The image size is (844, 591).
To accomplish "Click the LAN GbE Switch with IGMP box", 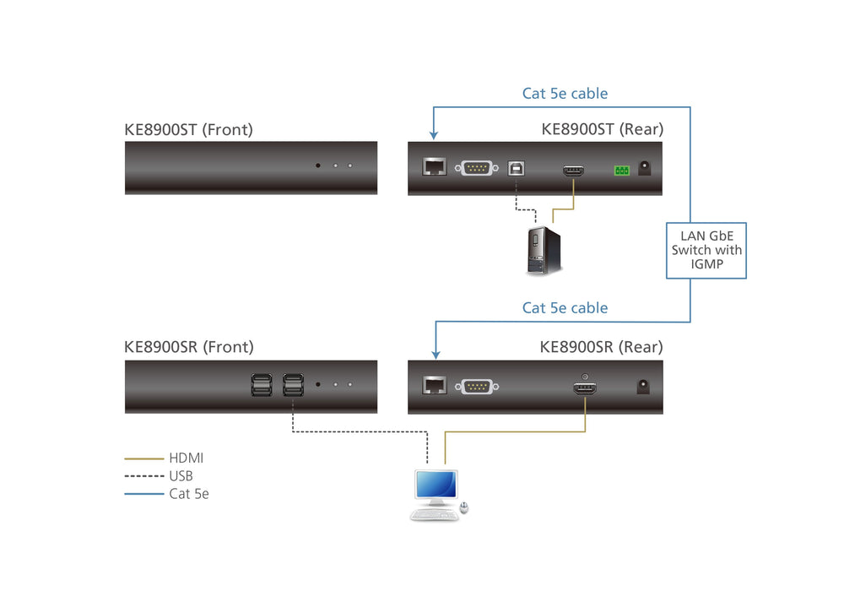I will (706, 250).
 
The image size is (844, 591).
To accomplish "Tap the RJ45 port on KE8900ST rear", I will (435, 167).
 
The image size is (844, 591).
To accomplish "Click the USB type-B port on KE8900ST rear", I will (516, 168).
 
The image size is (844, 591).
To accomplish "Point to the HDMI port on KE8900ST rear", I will (574, 171).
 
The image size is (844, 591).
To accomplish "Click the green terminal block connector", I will (621, 171).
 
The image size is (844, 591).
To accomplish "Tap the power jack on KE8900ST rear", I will (647, 168).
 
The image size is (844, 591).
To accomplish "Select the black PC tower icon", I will (544, 251).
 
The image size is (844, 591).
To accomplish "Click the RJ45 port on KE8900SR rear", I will (435, 386).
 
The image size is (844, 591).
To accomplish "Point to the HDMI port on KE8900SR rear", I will (585, 389).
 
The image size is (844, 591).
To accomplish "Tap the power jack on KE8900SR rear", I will (645, 387).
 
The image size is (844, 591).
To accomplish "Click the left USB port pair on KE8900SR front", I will (262, 386).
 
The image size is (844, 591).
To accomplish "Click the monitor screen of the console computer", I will (435, 485).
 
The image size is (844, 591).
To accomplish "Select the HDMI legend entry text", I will (186, 458).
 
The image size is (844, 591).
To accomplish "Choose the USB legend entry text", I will (181, 476).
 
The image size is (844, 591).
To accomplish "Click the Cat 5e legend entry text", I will (188, 494).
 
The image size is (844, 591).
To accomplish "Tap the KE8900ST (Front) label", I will (188, 129).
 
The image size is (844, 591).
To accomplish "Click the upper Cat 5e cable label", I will (565, 94).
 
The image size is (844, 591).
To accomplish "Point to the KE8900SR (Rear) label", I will (601, 347).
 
